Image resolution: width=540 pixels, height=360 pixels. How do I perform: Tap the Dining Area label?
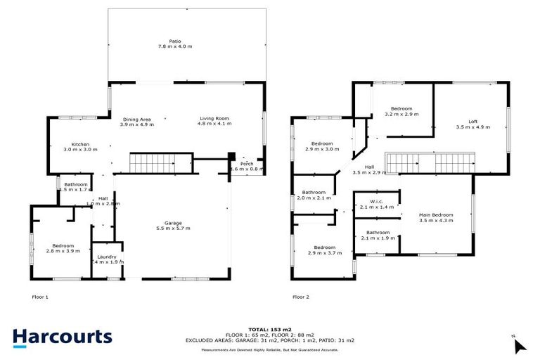click(x=136, y=122)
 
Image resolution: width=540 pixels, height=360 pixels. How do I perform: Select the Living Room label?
click(x=214, y=122)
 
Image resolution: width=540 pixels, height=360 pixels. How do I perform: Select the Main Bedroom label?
click(x=436, y=217)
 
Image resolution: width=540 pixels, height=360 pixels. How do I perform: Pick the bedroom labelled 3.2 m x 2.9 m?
click(x=401, y=110)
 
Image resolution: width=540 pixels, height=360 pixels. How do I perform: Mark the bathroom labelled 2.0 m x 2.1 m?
click(x=314, y=195)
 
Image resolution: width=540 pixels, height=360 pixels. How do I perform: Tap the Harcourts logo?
click(x=63, y=336)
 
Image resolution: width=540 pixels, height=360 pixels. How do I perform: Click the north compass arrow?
click(x=519, y=345)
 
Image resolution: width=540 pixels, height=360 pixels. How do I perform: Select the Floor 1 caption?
click(x=40, y=297)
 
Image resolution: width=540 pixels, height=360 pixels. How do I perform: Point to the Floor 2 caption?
click(x=301, y=297)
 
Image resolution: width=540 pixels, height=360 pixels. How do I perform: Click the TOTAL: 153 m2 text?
click(x=270, y=329)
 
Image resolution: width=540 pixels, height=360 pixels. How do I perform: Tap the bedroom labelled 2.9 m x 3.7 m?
click(x=325, y=250)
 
